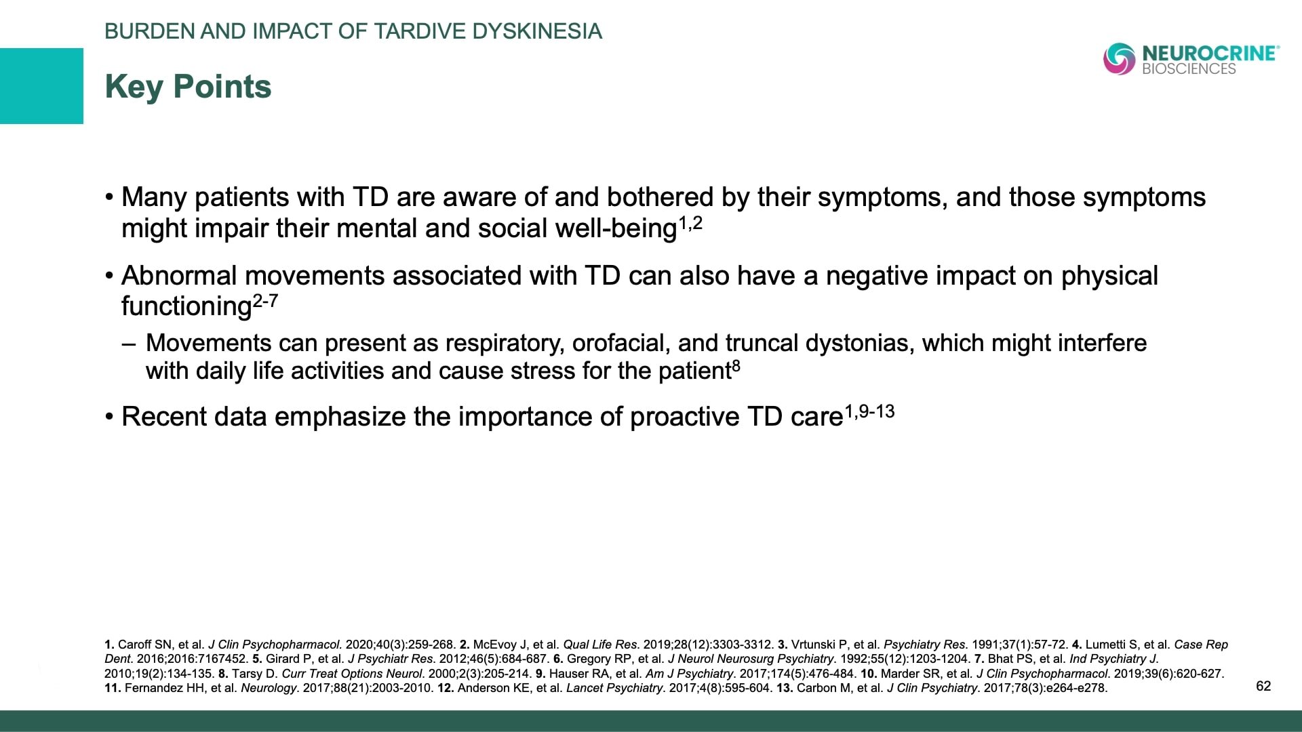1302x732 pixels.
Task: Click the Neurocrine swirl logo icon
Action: pyautogui.click(x=1119, y=59)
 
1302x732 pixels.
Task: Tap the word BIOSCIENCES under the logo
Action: pyautogui.click(x=1189, y=69)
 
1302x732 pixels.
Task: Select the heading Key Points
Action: pyautogui.click(x=188, y=87)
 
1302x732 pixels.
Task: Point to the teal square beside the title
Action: pyautogui.click(x=41, y=86)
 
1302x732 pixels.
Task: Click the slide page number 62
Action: pyautogui.click(x=1263, y=686)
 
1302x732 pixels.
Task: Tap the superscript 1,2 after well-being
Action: pyautogui.click(x=690, y=223)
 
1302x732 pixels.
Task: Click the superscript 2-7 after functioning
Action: pyautogui.click(x=265, y=301)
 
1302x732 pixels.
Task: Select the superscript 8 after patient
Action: pyautogui.click(x=736, y=366)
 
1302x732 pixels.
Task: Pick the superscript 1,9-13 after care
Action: pyautogui.click(x=869, y=411)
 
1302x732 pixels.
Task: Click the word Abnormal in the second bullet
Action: pyautogui.click(x=179, y=276)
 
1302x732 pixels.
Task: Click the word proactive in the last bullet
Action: pyautogui.click(x=685, y=417)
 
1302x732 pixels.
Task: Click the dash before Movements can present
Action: pyautogui.click(x=129, y=343)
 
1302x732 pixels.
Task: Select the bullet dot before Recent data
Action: pyautogui.click(x=109, y=417)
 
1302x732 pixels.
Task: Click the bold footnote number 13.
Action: pyautogui.click(x=785, y=688)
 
